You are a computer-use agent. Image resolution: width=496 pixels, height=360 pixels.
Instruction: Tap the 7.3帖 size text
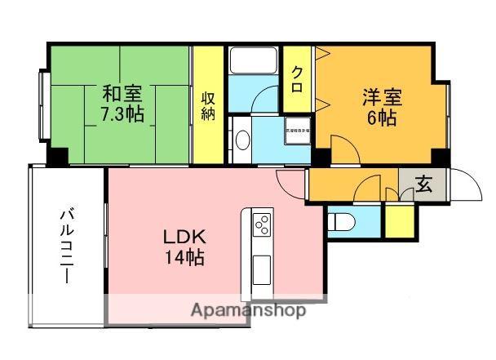point(123,113)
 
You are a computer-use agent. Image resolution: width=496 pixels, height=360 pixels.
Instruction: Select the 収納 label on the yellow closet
point(209,104)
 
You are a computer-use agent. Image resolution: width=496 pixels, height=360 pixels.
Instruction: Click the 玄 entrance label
point(423,184)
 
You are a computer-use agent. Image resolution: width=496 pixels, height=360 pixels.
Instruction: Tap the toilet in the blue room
point(342,220)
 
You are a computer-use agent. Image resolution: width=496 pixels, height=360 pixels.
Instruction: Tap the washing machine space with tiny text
point(296,130)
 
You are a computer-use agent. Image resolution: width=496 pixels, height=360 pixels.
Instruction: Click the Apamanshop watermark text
point(248,310)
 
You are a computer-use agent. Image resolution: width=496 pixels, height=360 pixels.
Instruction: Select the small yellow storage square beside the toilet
point(399,220)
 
